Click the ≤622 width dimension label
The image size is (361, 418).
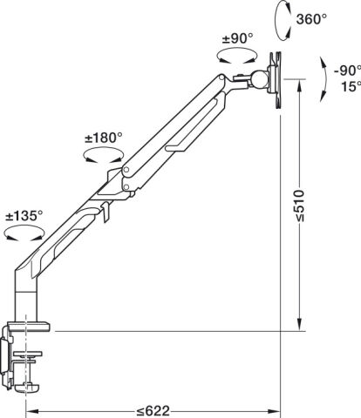(x=153, y=411)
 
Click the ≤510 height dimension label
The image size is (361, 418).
(x=299, y=206)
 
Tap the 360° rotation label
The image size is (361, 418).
(x=311, y=19)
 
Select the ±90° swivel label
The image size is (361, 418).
(x=237, y=38)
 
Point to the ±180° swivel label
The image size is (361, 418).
(x=104, y=138)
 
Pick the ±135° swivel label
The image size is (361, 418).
(x=24, y=216)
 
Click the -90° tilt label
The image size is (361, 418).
(x=347, y=71)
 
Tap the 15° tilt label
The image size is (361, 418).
(x=350, y=86)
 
